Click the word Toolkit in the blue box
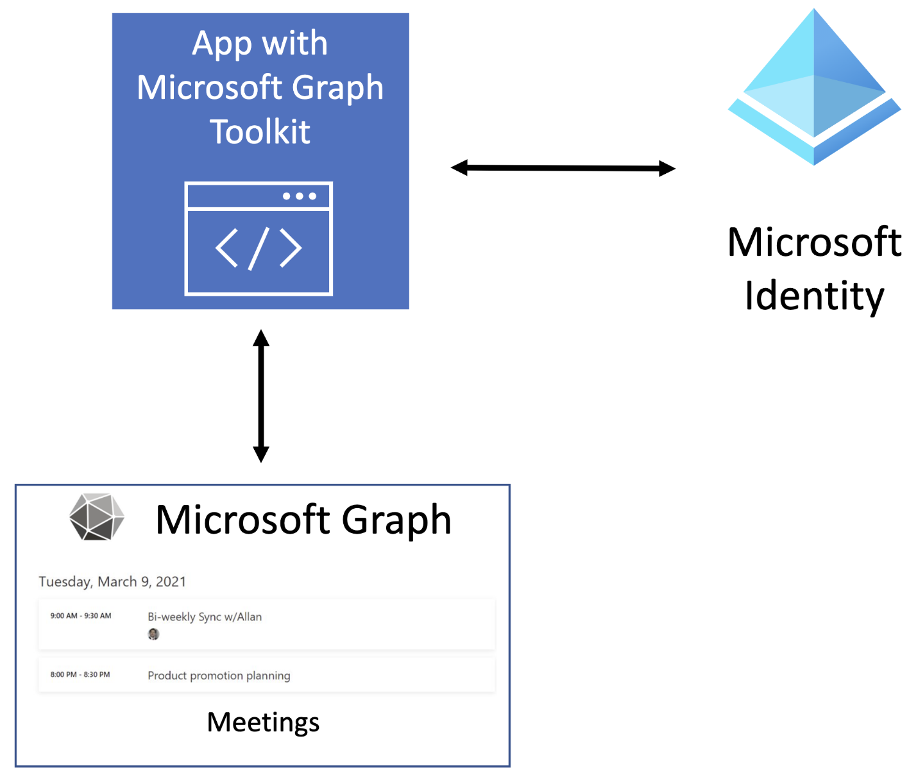coord(260,132)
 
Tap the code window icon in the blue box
coord(259,239)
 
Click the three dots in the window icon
coord(300,196)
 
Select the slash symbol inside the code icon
coord(259,249)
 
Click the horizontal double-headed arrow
coord(563,168)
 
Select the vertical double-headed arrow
coord(260,396)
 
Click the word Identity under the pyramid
coord(814,296)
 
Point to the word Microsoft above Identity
coord(814,243)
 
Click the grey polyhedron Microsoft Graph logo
coord(96,517)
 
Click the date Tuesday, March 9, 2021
coord(112,582)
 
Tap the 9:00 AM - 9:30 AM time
coord(81,616)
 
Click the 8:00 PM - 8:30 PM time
coord(80,675)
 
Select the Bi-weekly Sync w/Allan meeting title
coord(205,617)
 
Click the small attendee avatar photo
coord(153,635)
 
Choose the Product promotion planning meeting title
coord(219,676)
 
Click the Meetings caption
coord(262,722)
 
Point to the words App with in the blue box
coord(260,44)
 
